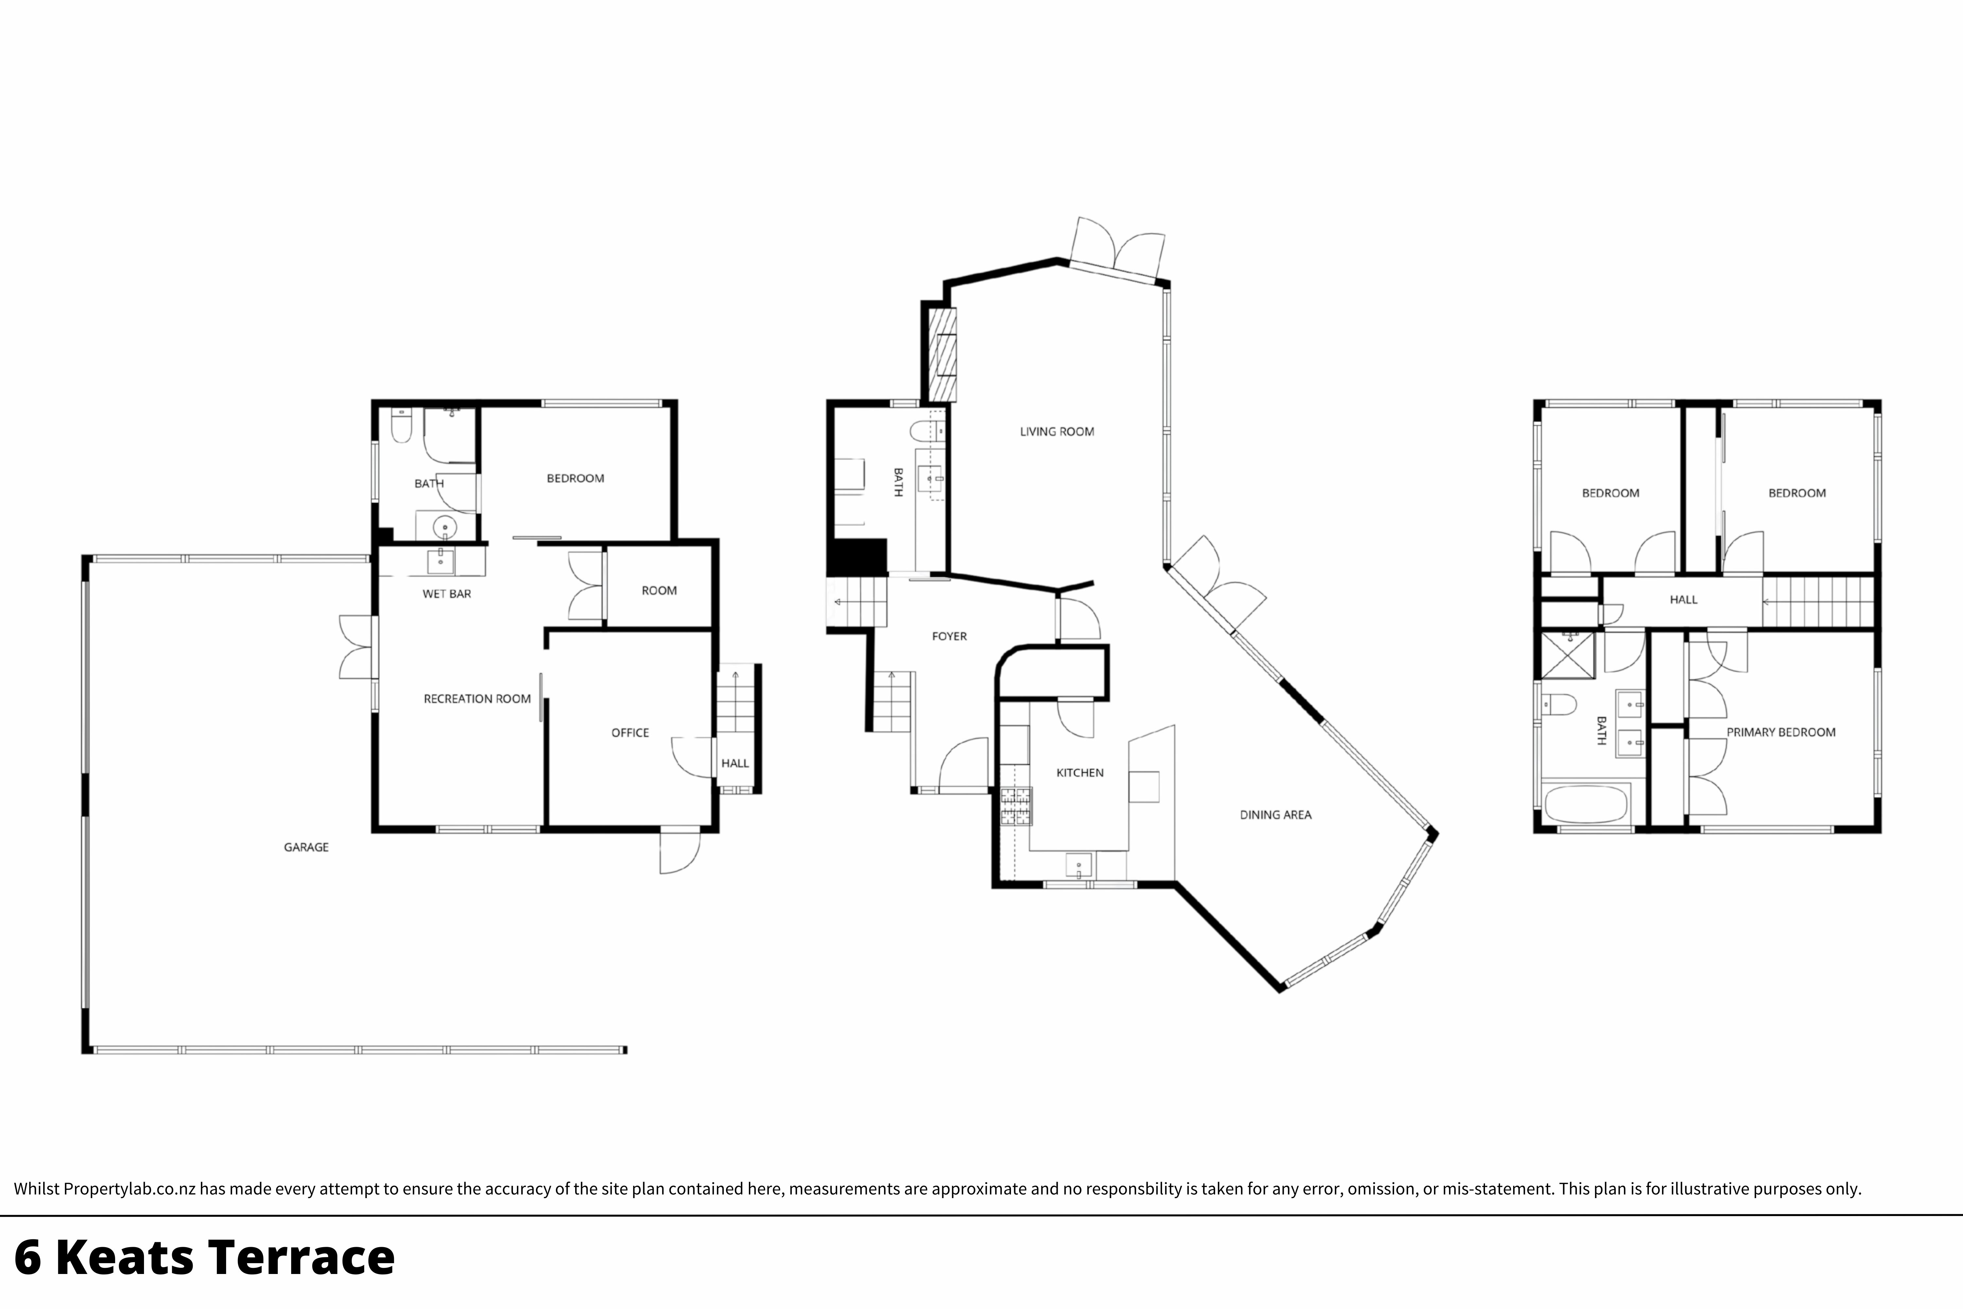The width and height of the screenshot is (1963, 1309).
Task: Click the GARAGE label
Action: point(306,847)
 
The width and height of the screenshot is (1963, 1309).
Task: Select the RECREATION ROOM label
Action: point(477,699)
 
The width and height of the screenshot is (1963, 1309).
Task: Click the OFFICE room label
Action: point(630,733)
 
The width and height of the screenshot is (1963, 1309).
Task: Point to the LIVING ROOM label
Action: point(1057,432)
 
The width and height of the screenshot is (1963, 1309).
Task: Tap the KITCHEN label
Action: point(1080,773)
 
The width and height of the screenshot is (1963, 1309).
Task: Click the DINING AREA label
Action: point(1275,815)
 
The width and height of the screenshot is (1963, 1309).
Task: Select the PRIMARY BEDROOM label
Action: point(1781,732)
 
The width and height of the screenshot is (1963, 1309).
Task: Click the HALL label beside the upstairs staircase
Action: point(1683,600)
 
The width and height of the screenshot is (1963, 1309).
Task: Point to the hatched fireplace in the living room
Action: point(944,355)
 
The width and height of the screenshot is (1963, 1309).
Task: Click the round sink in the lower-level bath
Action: point(445,528)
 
